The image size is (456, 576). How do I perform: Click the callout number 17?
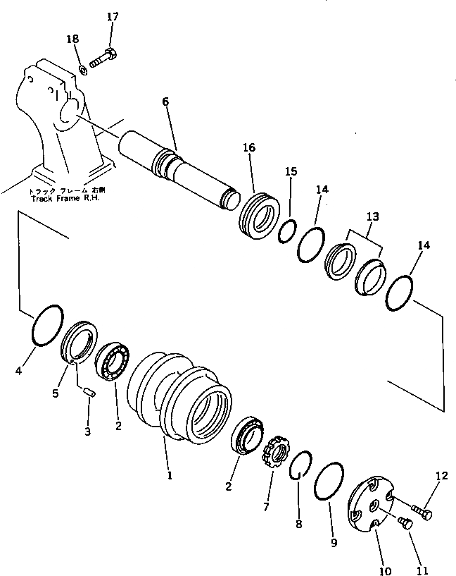click(x=113, y=16)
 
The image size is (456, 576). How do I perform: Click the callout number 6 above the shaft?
click(x=165, y=102)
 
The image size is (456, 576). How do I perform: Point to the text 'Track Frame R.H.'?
click(x=65, y=198)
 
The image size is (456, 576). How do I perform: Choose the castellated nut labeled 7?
click(x=272, y=456)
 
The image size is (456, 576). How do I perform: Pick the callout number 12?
click(x=441, y=477)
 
